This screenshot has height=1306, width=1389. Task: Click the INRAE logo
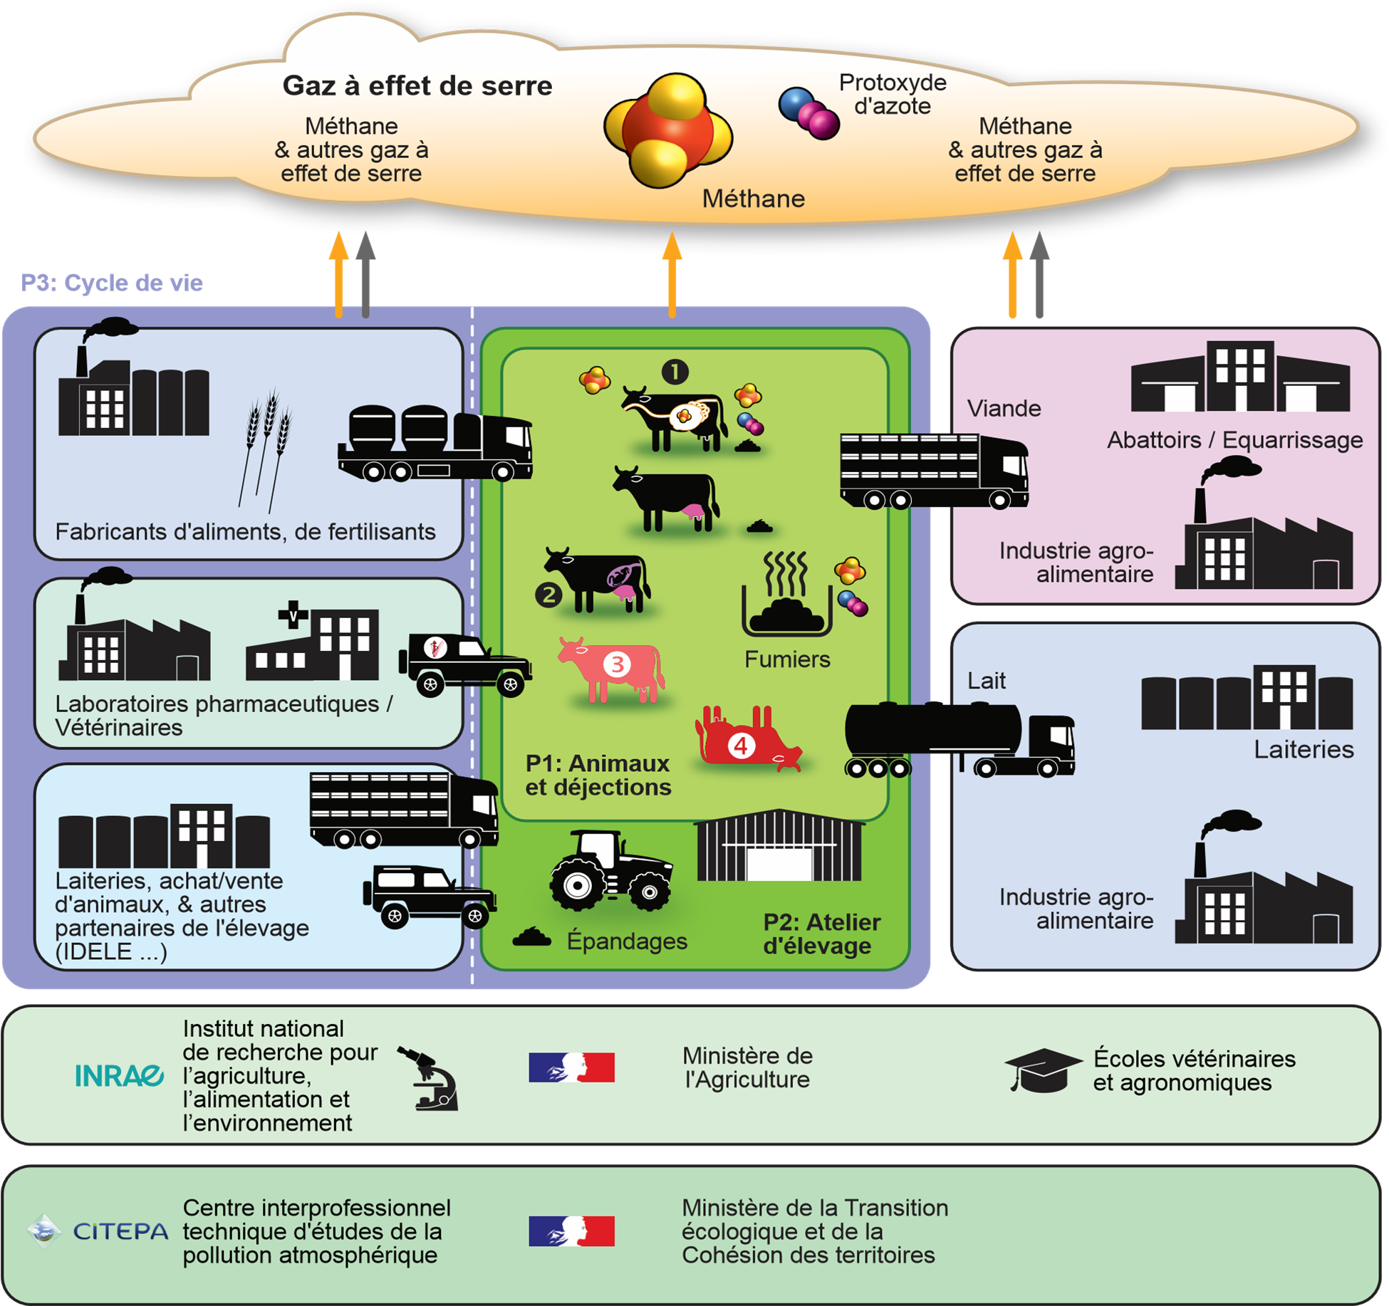[x=119, y=1075]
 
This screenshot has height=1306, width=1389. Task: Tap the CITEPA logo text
[x=120, y=1231]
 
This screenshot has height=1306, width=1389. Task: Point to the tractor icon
[x=610, y=871]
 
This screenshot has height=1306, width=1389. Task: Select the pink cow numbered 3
[x=614, y=667]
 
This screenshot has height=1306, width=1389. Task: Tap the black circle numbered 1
[x=675, y=372]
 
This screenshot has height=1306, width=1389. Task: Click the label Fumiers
[x=787, y=659]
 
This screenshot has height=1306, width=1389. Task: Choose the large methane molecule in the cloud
[x=668, y=130]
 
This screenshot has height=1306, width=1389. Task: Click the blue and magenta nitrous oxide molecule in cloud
[x=809, y=113]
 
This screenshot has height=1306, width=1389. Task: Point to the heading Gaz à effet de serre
[x=417, y=86]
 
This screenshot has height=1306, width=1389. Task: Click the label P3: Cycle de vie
[x=112, y=283]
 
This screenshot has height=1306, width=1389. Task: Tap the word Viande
[x=1004, y=409]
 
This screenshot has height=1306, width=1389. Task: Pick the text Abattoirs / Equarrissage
[x=1234, y=440]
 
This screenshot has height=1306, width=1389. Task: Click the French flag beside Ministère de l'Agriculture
[x=571, y=1067]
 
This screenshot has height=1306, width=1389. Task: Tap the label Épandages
[x=627, y=941]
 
